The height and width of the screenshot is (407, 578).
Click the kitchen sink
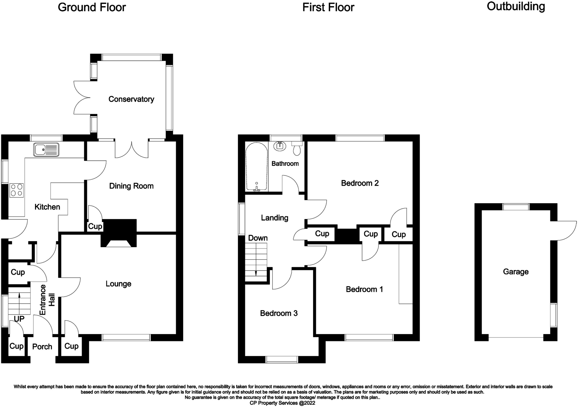(46, 149)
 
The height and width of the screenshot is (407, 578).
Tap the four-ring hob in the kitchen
(17, 190)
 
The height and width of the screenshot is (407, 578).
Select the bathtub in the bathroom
(257, 167)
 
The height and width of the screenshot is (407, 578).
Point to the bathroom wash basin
(280, 146)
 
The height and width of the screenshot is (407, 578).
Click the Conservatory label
(131, 99)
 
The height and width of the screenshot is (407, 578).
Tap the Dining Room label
(131, 186)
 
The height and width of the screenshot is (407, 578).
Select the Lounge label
(119, 284)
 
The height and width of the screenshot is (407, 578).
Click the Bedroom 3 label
(279, 313)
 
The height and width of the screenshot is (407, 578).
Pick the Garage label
(516, 272)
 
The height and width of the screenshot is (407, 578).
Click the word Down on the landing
(258, 238)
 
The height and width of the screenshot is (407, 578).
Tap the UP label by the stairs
(19, 319)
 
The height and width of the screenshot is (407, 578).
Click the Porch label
(42, 347)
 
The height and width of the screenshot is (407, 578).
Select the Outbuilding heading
(516, 7)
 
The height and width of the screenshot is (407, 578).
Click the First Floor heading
(328, 8)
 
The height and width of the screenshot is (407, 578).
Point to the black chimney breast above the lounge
(119, 233)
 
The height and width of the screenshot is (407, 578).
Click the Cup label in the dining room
(95, 227)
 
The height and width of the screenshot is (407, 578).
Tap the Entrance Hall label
(47, 300)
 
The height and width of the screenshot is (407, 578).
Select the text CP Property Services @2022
(282, 403)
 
